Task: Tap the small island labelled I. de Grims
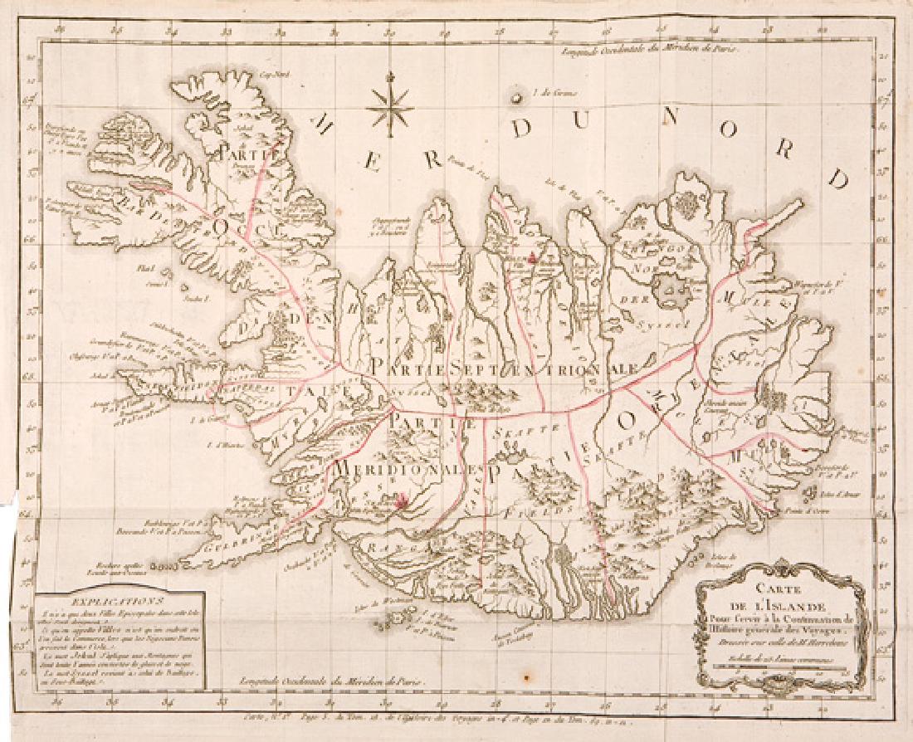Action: point(517,98)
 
